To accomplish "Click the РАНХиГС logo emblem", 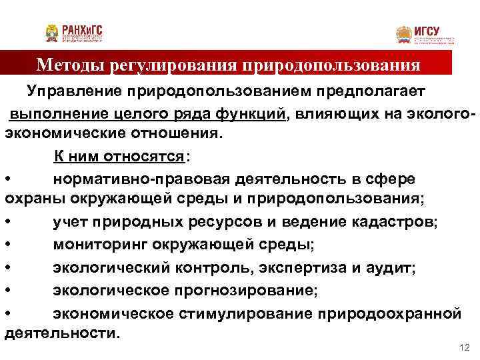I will point(52,33).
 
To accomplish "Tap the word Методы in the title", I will point(67,65).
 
